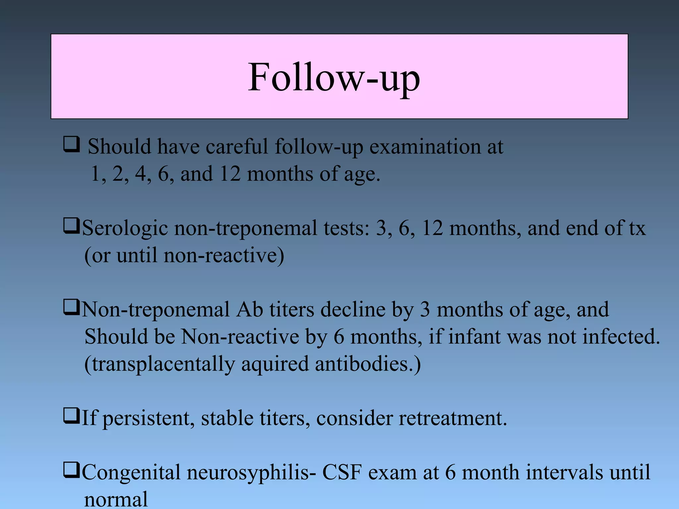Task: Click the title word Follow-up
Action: (x=334, y=78)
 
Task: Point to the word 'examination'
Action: (x=425, y=147)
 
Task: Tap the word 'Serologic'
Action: (x=125, y=229)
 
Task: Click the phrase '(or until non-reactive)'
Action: (x=184, y=256)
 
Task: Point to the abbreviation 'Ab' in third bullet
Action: (x=249, y=310)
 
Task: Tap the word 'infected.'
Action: (x=621, y=337)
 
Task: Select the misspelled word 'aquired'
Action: (x=275, y=365)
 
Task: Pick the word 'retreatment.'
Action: (x=453, y=418)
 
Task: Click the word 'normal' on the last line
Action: (x=116, y=499)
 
